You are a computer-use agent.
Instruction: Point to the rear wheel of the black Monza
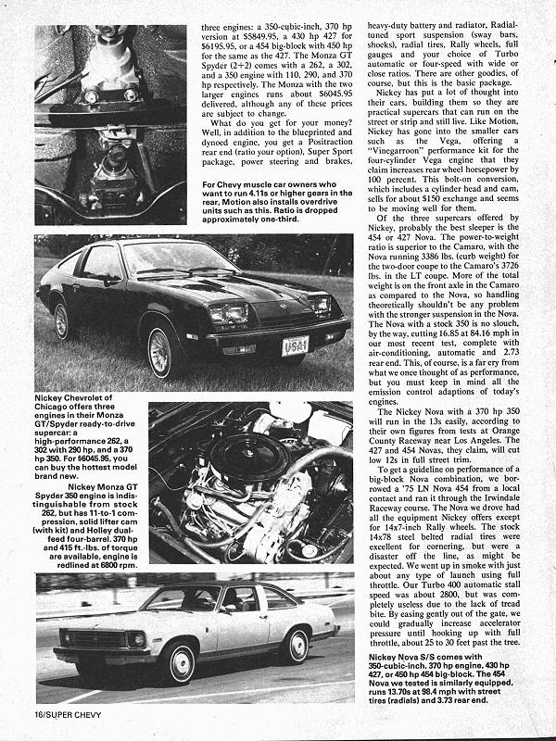pyautogui.click(x=63, y=320)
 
